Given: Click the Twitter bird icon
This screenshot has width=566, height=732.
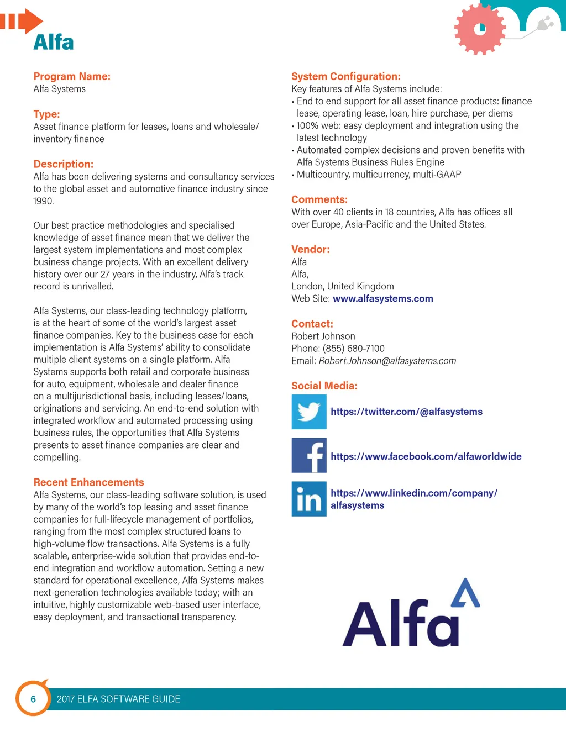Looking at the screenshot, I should coord(309,412).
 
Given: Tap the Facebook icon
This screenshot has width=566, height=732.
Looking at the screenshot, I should coord(309,456).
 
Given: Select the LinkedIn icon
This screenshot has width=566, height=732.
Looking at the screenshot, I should coord(309,499).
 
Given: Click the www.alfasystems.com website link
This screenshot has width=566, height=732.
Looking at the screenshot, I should coord(382,299).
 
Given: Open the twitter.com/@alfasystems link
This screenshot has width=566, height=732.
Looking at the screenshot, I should coord(406,412).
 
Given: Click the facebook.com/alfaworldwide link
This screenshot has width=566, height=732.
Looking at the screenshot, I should coord(426,457).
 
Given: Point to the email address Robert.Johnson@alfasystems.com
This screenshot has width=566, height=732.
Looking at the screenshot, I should coord(387,361).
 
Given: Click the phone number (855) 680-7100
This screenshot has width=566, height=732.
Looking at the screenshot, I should coord(354,349).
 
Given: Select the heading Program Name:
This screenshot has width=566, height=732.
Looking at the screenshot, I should coord(72,77).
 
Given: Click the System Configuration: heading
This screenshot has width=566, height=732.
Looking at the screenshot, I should coord(345,77).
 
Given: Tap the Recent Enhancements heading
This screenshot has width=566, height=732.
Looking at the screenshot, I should coord(88,482).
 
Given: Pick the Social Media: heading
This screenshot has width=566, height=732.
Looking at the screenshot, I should coord(324,386).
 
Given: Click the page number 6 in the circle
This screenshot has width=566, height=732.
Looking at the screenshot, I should coord(33,699).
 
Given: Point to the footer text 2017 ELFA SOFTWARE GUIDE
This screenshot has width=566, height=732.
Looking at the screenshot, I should coord(118,699).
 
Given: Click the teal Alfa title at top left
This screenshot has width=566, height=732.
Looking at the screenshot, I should coord(54,43).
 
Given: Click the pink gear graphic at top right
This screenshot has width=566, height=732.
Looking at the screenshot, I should coord(480,29).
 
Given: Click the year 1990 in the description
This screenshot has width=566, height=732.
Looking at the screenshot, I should coord(43,201).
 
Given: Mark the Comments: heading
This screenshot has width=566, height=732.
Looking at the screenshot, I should coord(319,200).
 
